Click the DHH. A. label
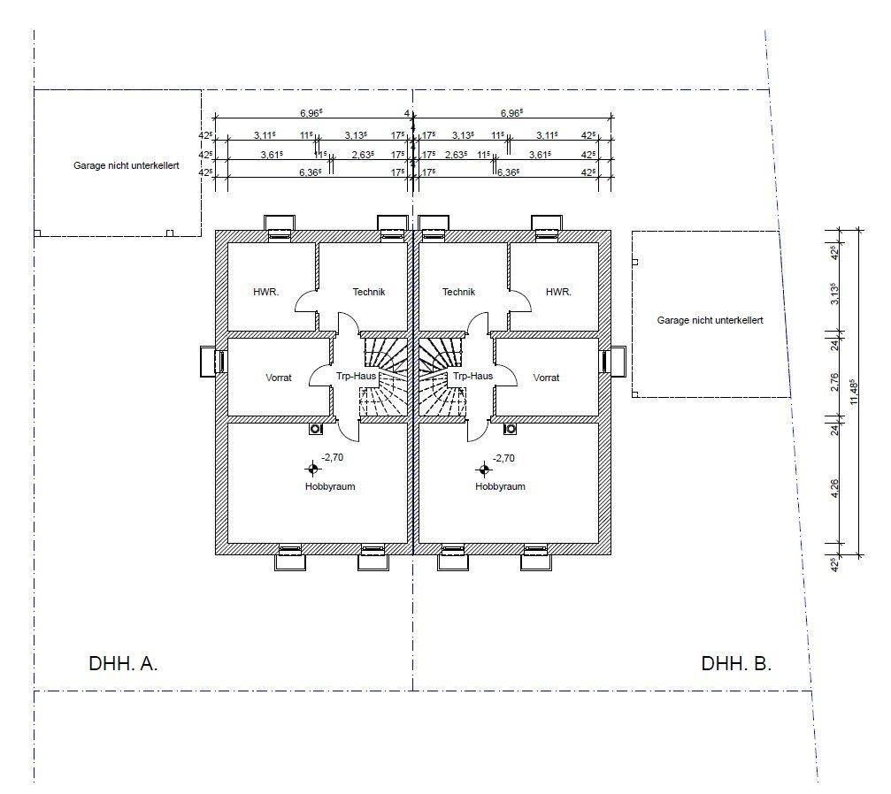click(123, 663)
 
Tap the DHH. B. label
click(736, 663)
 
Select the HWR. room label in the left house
click(266, 292)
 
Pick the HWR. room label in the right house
click(558, 292)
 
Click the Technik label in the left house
click(369, 292)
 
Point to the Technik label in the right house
click(458, 292)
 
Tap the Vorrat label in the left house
click(279, 378)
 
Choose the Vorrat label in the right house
click(546, 378)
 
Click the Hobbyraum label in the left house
click(330, 486)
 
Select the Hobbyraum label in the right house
click(500, 486)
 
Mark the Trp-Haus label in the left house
click(357, 376)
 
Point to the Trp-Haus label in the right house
click(472, 376)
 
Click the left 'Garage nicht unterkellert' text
click(127, 166)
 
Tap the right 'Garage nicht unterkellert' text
click(710, 320)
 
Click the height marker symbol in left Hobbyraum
click(312, 470)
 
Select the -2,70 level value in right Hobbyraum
click(503, 458)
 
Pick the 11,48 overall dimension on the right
click(853, 392)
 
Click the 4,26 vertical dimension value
click(834, 488)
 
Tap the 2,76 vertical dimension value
click(834, 382)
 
